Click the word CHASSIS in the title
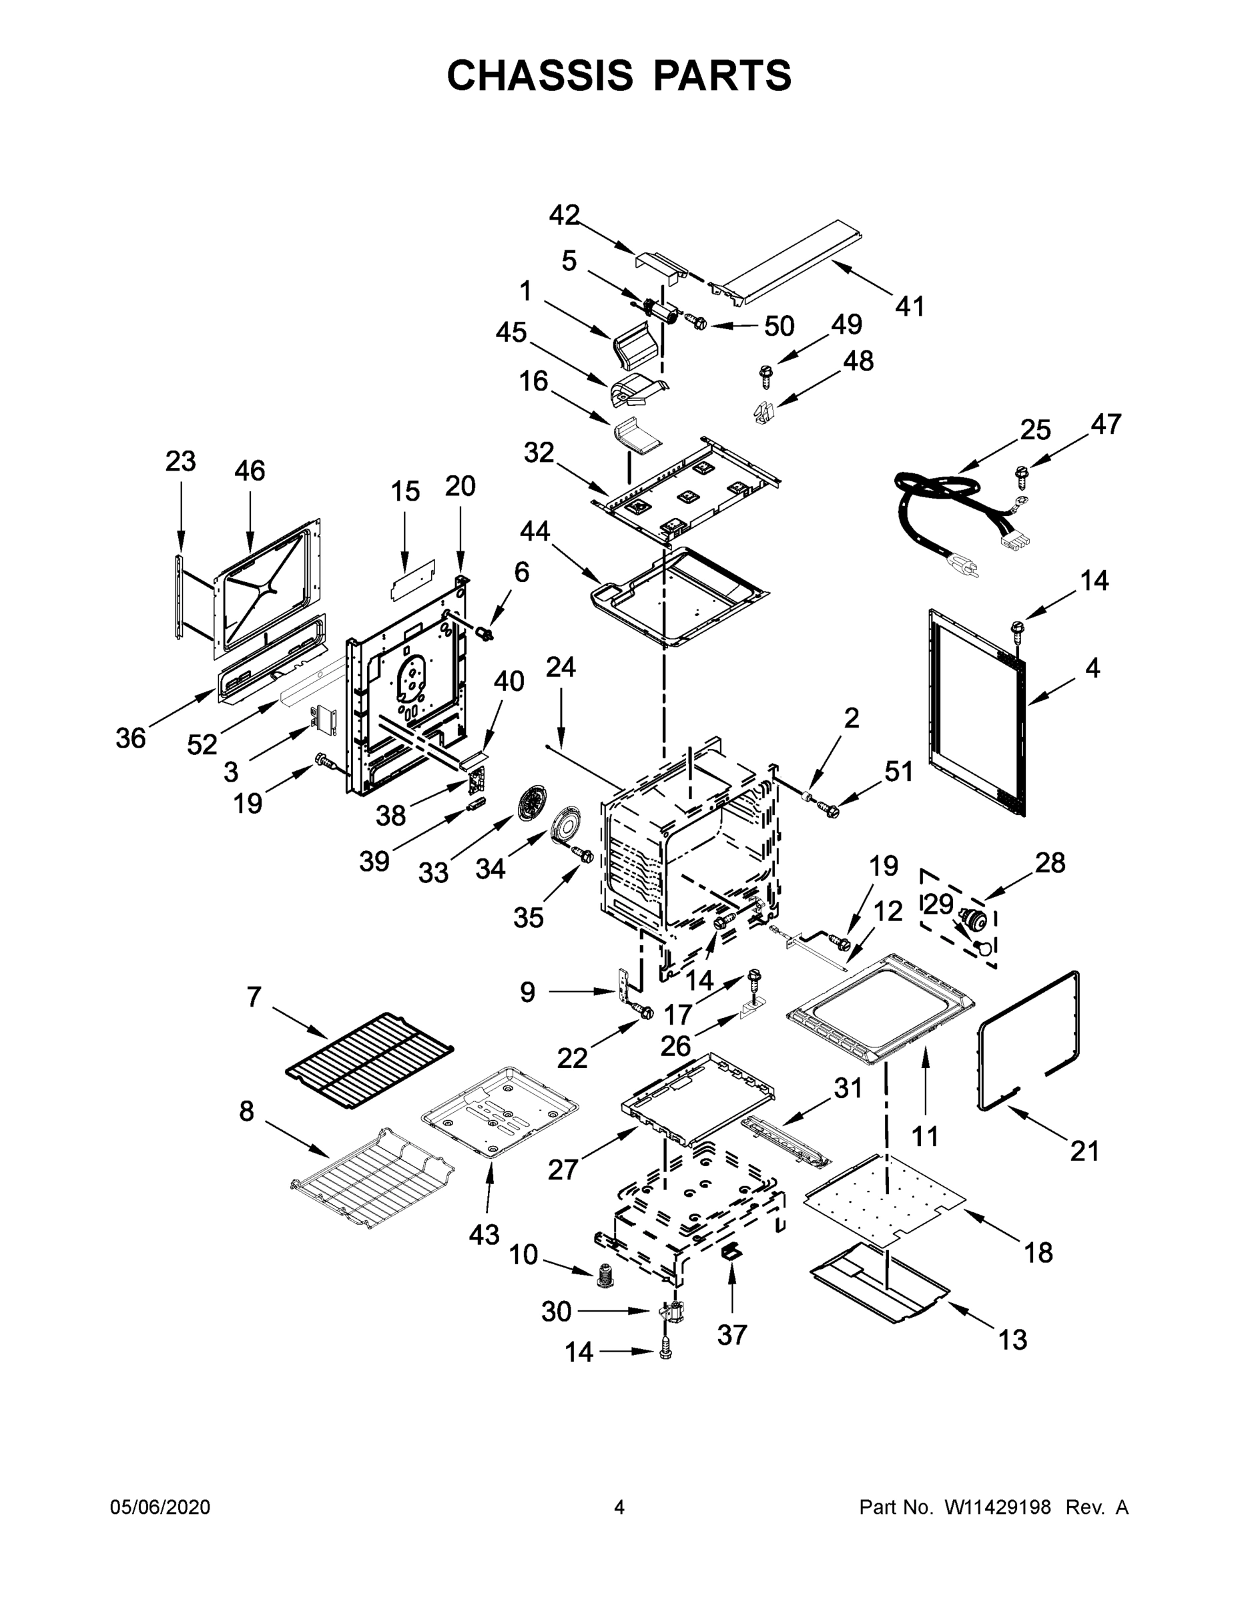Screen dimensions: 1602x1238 coord(540,75)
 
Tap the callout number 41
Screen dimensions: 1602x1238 coord(910,306)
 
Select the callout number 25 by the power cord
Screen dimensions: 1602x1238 coord(1035,430)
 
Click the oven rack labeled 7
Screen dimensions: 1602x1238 coord(369,1053)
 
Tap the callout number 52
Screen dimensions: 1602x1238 coord(202,744)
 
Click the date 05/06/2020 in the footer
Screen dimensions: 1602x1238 coord(160,1507)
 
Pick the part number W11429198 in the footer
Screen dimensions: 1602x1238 coord(998,1507)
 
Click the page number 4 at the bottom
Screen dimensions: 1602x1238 coord(619,1507)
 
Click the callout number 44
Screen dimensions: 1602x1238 coord(535,531)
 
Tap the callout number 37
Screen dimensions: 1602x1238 coord(732,1334)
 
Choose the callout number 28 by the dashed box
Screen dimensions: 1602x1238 coord(1050,863)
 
